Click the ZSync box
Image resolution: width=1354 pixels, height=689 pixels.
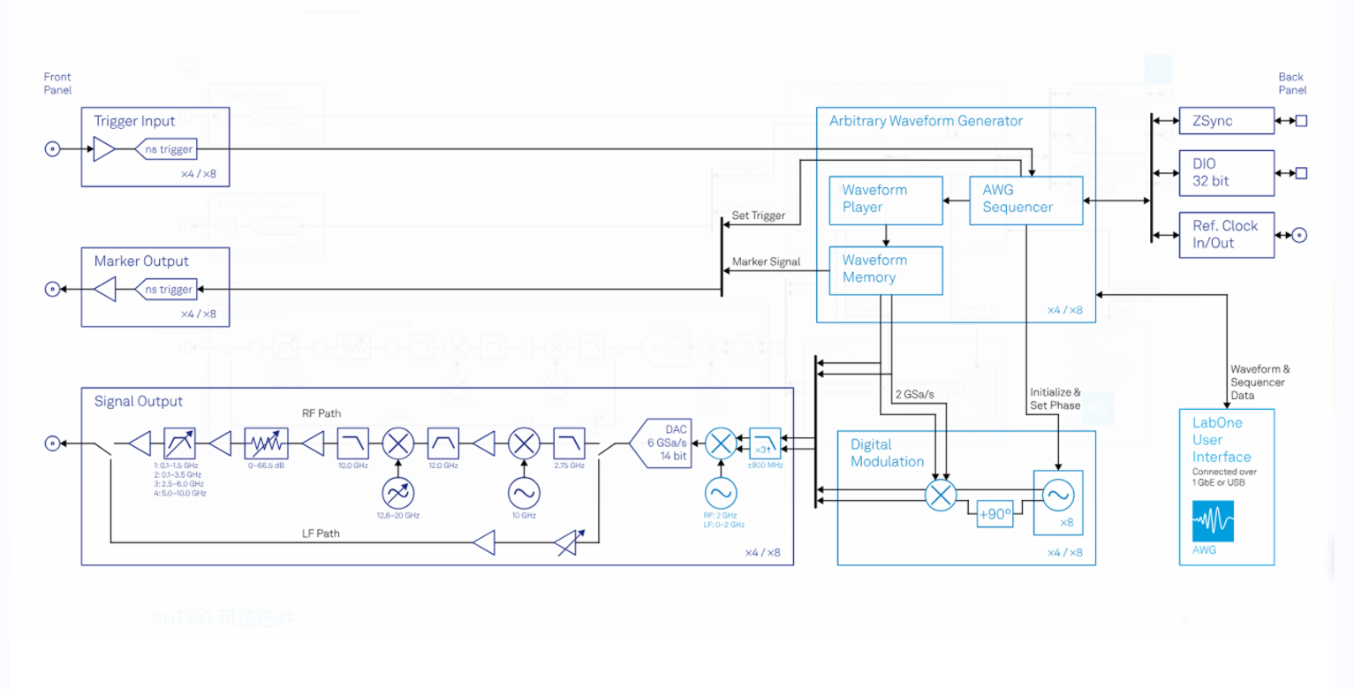pyautogui.click(x=1227, y=121)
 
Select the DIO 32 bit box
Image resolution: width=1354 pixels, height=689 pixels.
pyautogui.click(x=1227, y=173)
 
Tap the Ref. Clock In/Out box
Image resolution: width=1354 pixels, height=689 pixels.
pyautogui.click(x=1227, y=235)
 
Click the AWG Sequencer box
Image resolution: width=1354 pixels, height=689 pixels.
pyautogui.click(x=1025, y=200)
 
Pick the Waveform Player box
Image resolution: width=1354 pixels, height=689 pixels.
pyautogui.click(x=886, y=200)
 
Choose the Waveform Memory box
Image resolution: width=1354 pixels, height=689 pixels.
pyautogui.click(x=886, y=269)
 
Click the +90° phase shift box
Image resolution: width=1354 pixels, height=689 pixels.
pyautogui.click(x=995, y=514)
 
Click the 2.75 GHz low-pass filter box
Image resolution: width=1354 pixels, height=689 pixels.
pyautogui.click(x=569, y=443)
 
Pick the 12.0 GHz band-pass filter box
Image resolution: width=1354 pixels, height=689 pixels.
pyautogui.click(x=443, y=443)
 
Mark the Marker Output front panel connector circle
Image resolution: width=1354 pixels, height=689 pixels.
pyautogui.click(x=52, y=289)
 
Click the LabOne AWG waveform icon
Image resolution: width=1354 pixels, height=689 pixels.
pyautogui.click(x=1213, y=521)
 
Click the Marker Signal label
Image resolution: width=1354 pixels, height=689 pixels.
pyautogui.click(x=766, y=261)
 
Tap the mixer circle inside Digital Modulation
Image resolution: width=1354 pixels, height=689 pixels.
pyautogui.click(x=941, y=496)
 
